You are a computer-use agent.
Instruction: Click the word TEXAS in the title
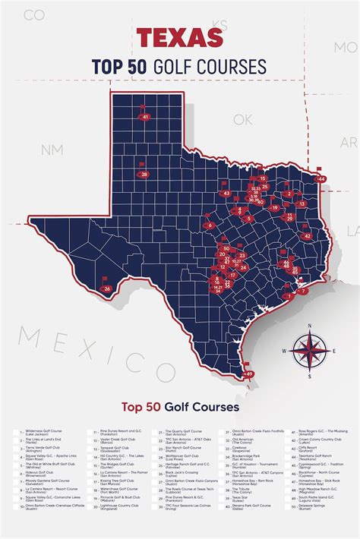pyautogui.click(x=179, y=37)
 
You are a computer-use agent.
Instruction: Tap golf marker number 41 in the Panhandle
pyautogui.click(x=145, y=116)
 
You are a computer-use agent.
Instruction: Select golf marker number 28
pyautogui.click(x=144, y=175)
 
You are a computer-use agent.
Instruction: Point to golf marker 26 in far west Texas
pyautogui.click(x=108, y=288)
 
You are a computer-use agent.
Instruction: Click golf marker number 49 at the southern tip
pyautogui.click(x=249, y=374)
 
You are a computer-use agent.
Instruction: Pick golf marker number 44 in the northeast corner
pyautogui.click(x=321, y=178)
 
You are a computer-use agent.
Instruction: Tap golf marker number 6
pyautogui.click(x=209, y=225)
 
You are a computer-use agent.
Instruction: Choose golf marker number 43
pyautogui.click(x=226, y=193)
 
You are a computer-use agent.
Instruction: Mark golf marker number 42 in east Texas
pyautogui.click(x=307, y=236)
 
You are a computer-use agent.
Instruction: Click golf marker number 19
pyautogui.click(x=274, y=206)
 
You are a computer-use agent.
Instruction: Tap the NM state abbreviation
pyautogui.click(x=52, y=150)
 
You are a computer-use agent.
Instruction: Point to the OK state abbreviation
pyautogui.click(x=242, y=119)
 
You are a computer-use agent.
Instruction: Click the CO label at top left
pyautogui.click(x=33, y=14)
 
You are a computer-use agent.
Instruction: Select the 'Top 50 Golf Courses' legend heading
pyautogui.click(x=179, y=407)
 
